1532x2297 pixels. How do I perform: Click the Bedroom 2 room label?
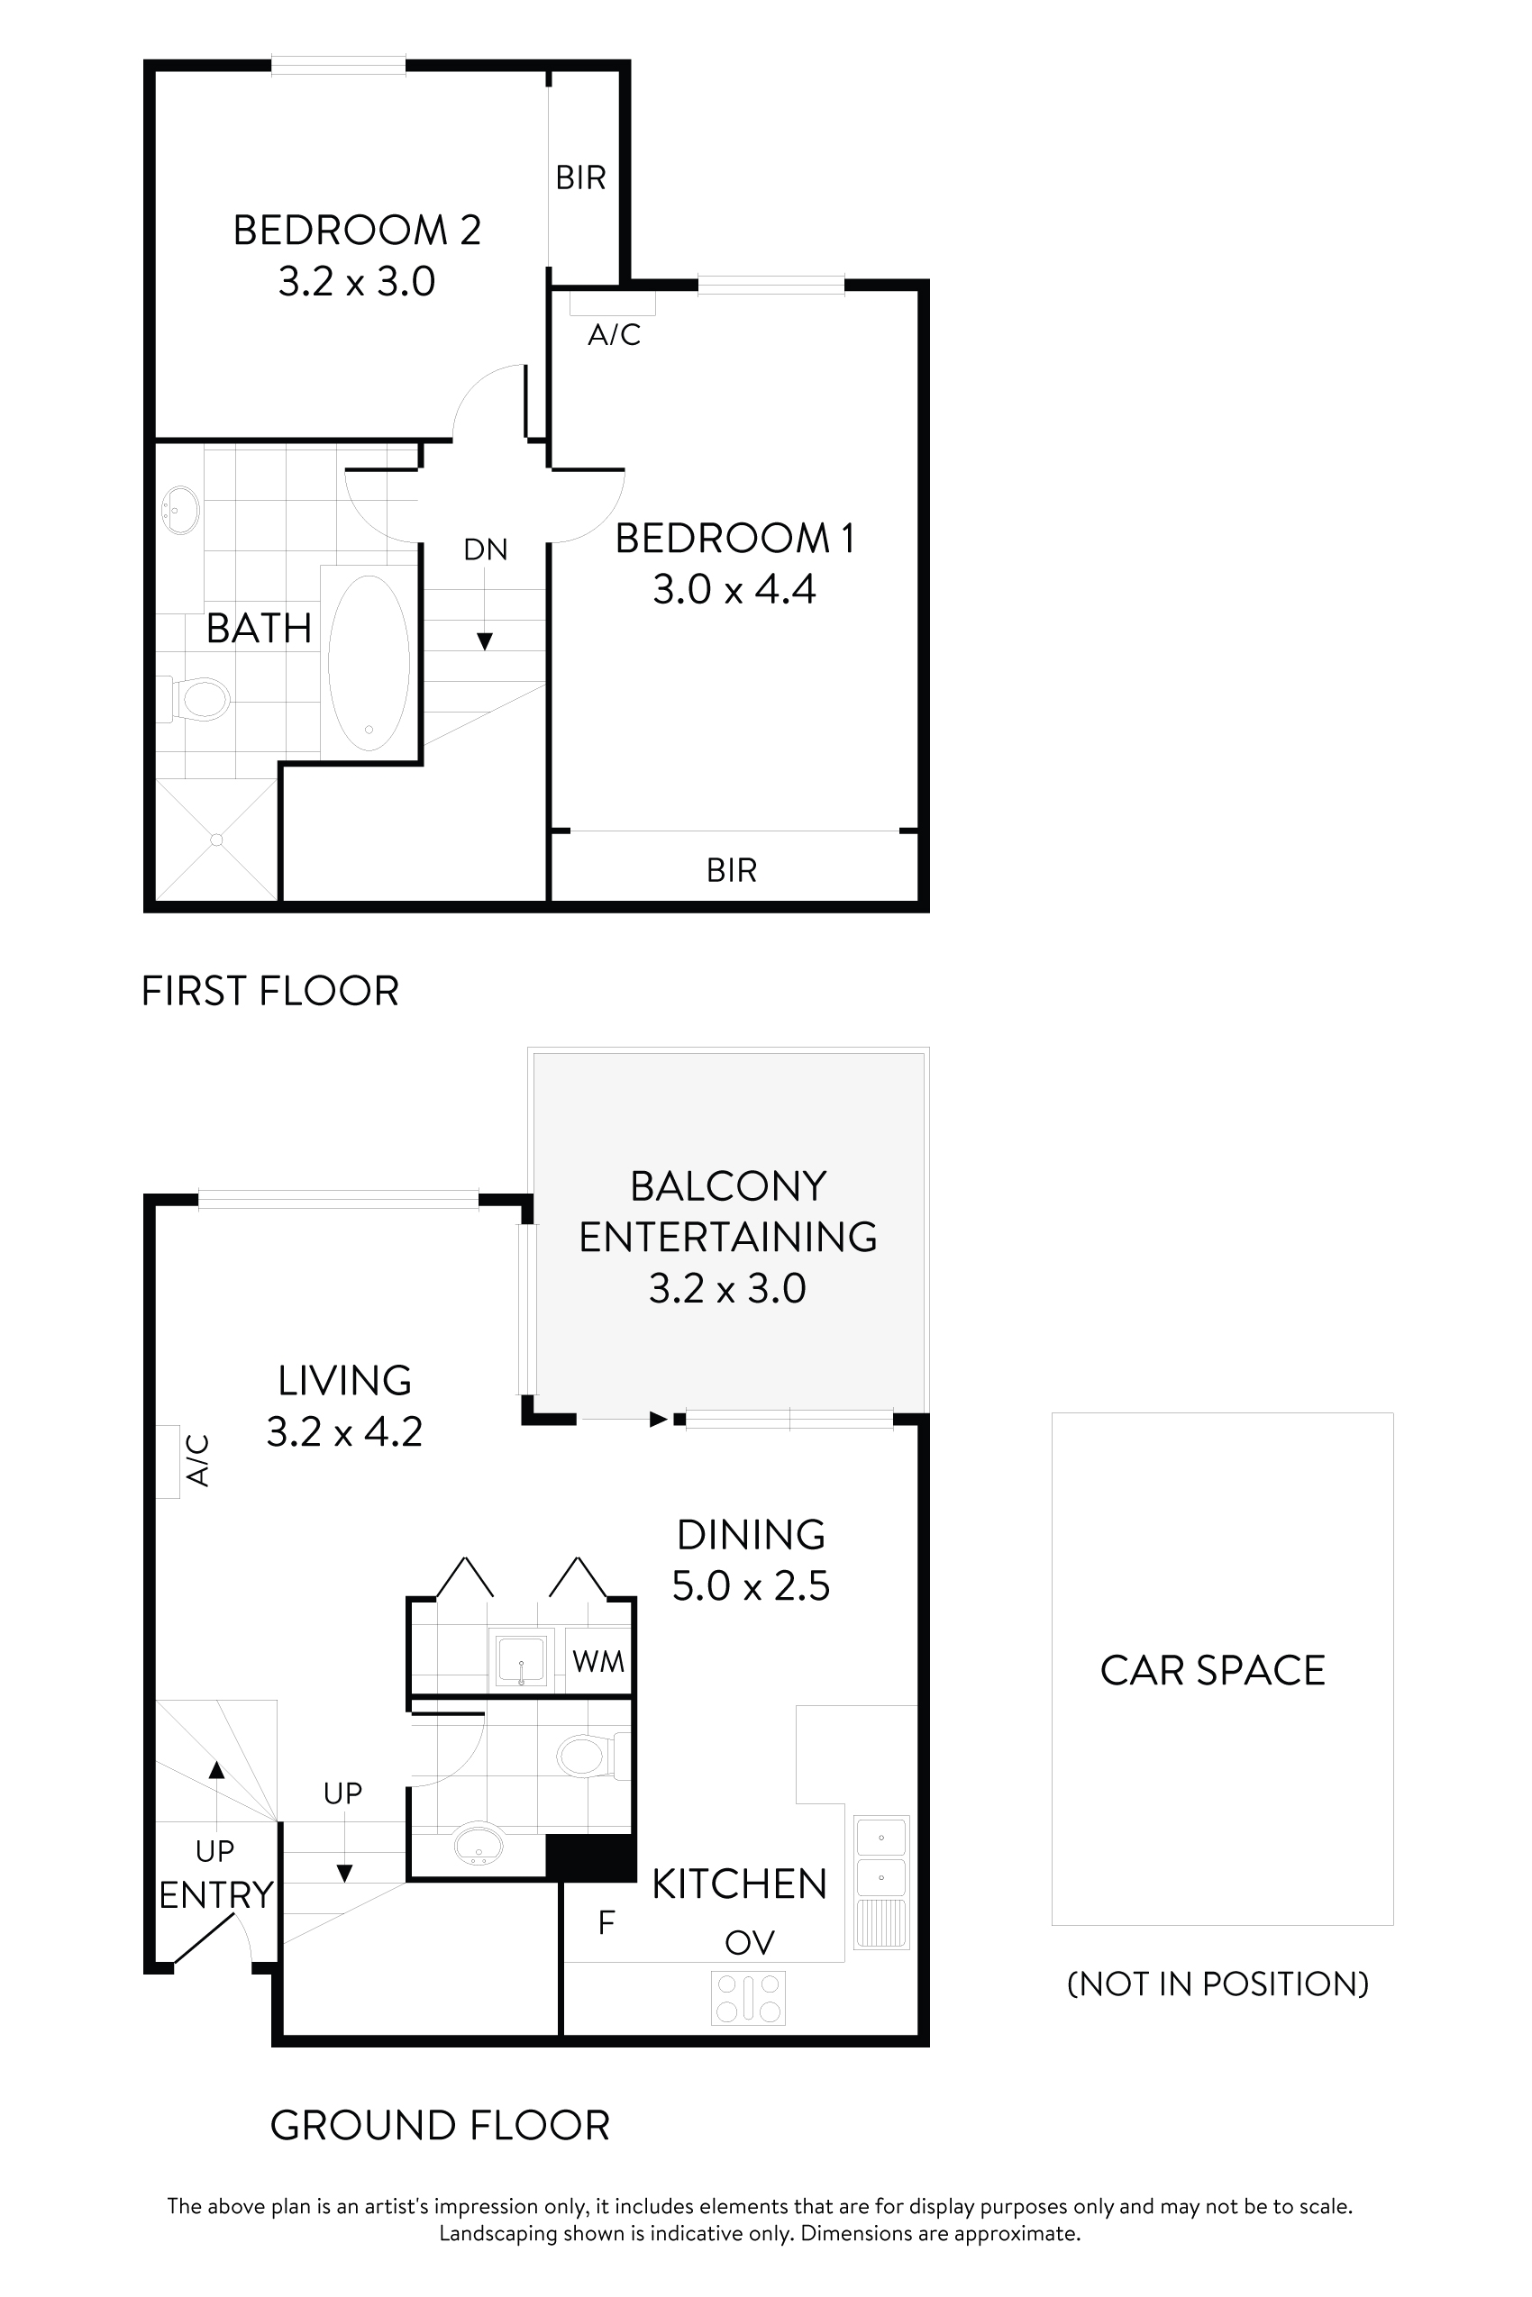coord(357,232)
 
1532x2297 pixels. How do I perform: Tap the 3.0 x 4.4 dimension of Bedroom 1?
coord(734,590)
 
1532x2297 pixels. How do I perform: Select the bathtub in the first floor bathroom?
coord(369,662)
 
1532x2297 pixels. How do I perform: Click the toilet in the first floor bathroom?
coord(202,699)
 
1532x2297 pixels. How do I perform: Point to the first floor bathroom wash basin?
coord(179,510)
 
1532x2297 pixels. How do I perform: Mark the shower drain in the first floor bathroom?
coord(217,840)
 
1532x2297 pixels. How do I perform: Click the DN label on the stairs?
coord(486,549)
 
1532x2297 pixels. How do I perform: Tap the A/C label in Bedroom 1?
coord(614,335)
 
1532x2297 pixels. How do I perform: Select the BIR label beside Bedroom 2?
coord(580,177)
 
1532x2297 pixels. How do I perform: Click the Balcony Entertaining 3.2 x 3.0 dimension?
coord(727,1288)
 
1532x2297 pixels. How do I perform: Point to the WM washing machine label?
coord(598,1661)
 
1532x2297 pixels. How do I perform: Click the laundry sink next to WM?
coord(522,1660)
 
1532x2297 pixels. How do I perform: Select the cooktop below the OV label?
coord(748,1998)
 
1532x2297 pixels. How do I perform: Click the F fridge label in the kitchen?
coord(606,1923)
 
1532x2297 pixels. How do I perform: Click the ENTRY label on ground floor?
coord(216,1894)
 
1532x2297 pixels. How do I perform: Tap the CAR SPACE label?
coord(1212,1671)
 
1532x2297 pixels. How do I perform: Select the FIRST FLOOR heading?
coord(270,991)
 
